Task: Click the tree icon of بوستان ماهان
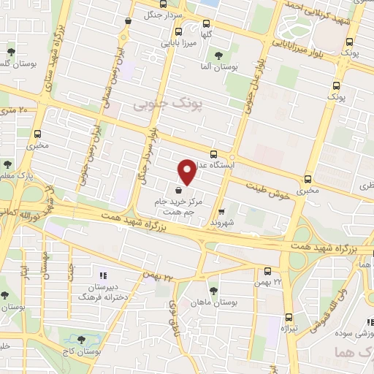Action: tap(213, 291)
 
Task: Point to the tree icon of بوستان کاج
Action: tap(81, 340)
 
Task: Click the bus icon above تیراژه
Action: tap(289, 317)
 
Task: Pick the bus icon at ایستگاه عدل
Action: tap(213, 154)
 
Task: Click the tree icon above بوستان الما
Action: tap(217, 55)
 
